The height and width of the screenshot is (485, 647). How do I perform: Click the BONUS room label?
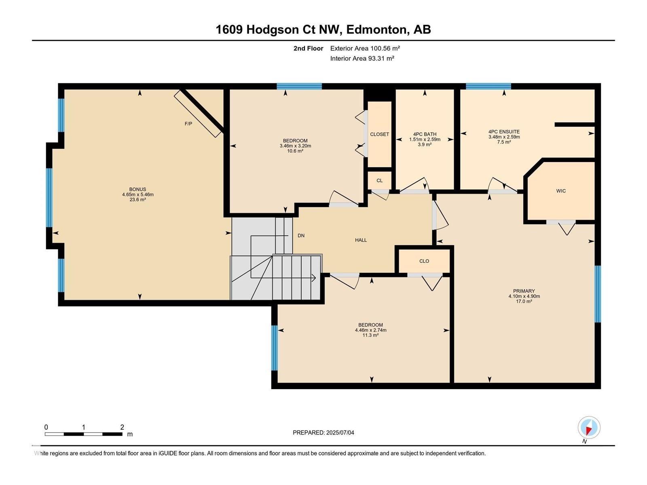(137, 189)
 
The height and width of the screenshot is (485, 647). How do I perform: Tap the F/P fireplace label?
(188, 124)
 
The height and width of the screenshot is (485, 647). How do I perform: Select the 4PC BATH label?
(425, 134)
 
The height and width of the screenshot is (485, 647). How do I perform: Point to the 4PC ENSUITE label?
(504, 132)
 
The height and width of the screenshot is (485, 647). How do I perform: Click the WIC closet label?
(561, 191)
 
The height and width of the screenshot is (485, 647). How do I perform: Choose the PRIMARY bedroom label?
(524, 291)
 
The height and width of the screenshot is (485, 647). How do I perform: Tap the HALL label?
(361, 240)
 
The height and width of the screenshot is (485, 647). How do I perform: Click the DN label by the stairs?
(301, 236)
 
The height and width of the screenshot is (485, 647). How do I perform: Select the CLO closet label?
(424, 261)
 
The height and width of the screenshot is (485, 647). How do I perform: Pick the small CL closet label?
(379, 181)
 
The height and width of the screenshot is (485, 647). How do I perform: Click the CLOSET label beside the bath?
(379, 134)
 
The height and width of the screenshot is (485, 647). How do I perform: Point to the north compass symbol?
(589, 428)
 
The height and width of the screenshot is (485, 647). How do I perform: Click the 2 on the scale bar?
(122, 427)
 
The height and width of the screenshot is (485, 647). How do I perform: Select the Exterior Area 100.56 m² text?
(365, 48)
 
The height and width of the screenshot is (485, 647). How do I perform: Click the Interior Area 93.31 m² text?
(362, 58)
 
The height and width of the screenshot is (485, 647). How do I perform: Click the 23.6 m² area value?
(137, 200)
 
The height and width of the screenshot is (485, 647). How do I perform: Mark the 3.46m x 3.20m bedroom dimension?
(295, 146)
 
